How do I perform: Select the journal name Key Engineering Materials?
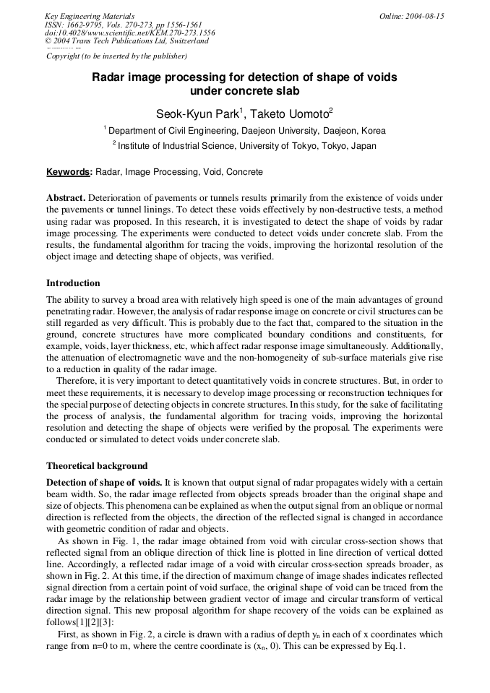click(x=90, y=16)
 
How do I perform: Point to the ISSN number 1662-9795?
click(x=89, y=25)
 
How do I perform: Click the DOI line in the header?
click(x=129, y=33)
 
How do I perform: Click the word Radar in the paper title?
click(x=107, y=77)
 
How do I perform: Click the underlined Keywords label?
click(x=69, y=173)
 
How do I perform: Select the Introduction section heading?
click(x=73, y=283)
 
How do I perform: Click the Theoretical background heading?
click(x=97, y=466)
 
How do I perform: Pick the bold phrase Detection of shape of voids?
click(x=103, y=482)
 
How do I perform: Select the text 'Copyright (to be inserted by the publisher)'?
click(x=116, y=56)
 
